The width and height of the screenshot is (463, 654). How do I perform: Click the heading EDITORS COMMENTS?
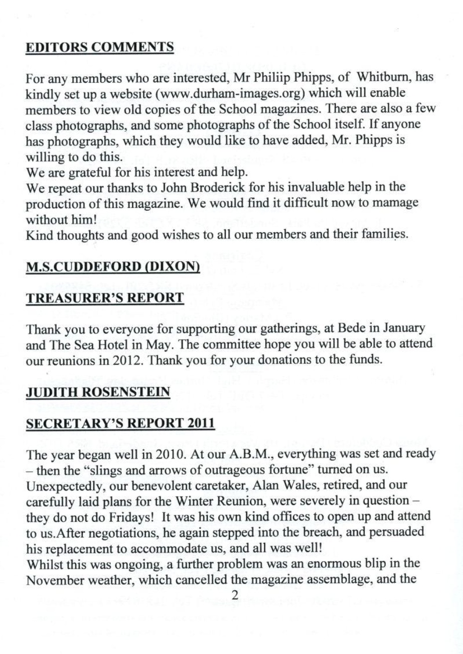point(100,48)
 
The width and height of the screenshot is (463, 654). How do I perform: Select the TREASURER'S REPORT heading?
point(105,298)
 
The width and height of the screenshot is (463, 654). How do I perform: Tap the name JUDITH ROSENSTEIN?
point(98,392)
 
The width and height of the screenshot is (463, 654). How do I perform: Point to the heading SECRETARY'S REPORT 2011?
point(120,423)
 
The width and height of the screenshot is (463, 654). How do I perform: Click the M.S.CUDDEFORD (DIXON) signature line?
point(113,267)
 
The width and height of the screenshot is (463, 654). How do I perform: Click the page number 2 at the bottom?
point(235,595)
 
